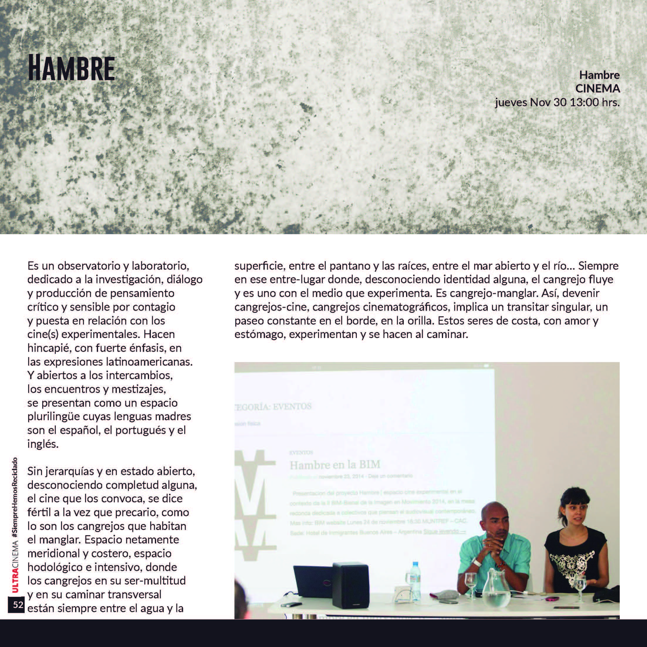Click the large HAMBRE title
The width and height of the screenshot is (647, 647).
pos(71,68)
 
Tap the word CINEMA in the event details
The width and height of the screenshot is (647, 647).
pos(597,89)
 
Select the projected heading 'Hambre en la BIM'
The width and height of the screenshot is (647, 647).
pos(335,465)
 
